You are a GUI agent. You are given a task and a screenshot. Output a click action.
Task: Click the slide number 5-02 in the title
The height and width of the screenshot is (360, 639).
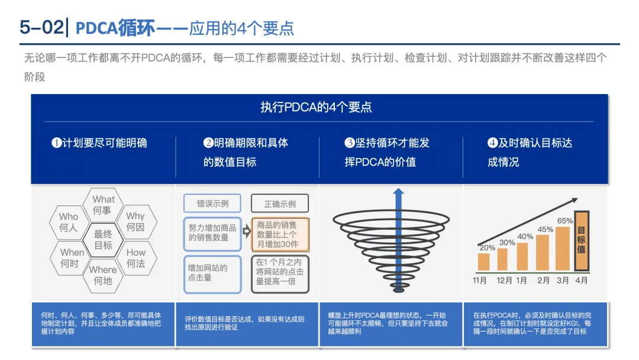(x=41, y=28)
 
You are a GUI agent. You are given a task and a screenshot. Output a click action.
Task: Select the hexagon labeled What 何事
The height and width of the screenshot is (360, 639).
(x=104, y=205)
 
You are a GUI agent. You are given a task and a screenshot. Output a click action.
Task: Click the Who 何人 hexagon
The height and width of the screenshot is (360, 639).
(x=69, y=222)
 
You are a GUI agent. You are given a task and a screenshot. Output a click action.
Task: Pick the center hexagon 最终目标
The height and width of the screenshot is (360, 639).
(x=103, y=240)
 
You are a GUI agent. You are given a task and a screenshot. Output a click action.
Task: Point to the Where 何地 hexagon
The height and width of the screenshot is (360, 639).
(x=103, y=275)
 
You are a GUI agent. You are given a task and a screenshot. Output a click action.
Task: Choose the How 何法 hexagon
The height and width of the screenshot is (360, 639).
(x=135, y=258)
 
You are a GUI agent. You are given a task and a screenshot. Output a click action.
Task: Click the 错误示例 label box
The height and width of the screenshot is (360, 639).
(x=212, y=204)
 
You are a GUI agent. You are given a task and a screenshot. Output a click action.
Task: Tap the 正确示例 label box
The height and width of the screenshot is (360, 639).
(x=280, y=204)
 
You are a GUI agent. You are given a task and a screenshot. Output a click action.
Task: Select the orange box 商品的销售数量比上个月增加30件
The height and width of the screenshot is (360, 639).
(x=279, y=234)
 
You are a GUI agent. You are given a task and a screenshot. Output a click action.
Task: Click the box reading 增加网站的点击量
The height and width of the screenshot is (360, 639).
(x=212, y=274)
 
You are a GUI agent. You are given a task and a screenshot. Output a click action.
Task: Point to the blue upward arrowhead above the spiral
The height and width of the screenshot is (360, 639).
(x=398, y=194)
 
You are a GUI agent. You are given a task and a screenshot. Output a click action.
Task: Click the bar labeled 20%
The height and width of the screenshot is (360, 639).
(x=484, y=262)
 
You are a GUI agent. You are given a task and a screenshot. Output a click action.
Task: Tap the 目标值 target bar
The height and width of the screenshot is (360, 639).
(x=582, y=241)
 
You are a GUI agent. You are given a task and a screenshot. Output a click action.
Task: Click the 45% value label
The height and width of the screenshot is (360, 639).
(x=545, y=230)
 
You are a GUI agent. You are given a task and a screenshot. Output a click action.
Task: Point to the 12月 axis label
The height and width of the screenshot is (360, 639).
(x=504, y=280)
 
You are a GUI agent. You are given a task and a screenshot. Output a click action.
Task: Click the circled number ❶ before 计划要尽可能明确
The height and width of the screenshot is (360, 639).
(x=57, y=143)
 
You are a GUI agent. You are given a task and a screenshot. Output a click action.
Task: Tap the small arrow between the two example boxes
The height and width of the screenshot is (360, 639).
(x=246, y=236)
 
